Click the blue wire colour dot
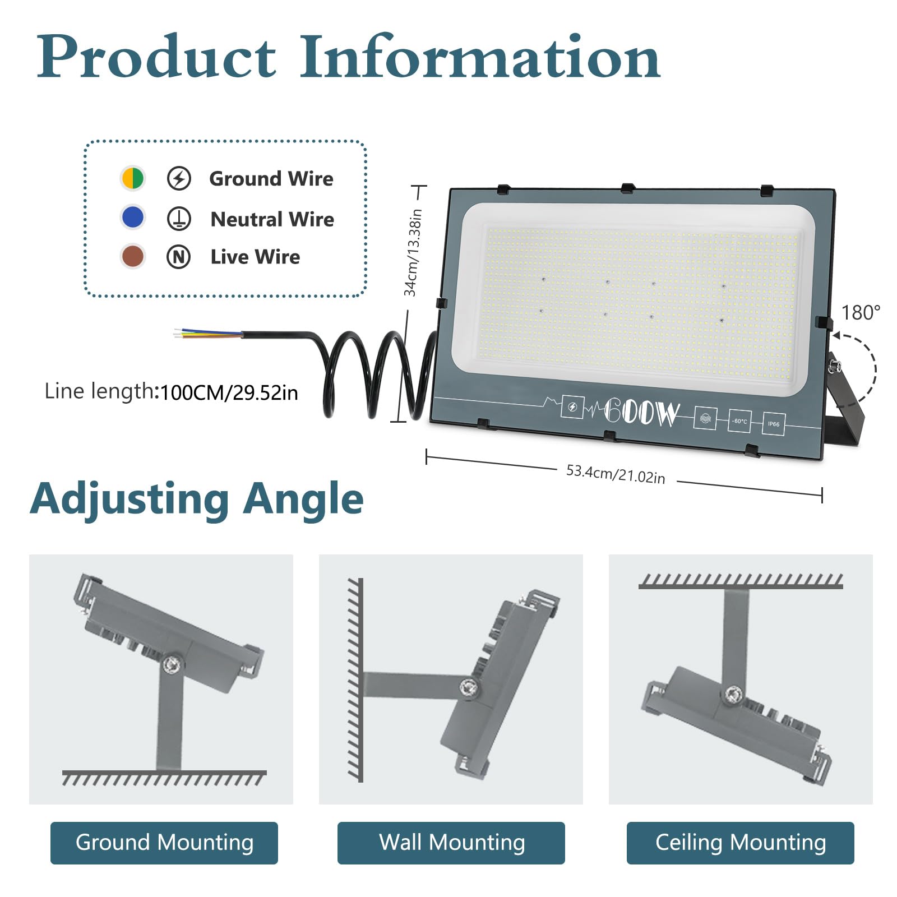click(132, 217)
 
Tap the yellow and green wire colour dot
click(132, 178)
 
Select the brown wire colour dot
click(132, 256)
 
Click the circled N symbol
click(179, 257)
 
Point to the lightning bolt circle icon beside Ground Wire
click(179, 178)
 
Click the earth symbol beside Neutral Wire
click(179, 218)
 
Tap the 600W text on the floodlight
click(641, 413)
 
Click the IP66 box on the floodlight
click(773, 424)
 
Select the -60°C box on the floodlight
click(739, 421)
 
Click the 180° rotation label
click(861, 313)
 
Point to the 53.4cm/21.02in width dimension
click(616, 474)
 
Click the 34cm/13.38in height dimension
click(413, 253)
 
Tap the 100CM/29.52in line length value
click(229, 393)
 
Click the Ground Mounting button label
click(164, 843)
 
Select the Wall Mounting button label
click(452, 842)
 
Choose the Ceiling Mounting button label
click(741, 843)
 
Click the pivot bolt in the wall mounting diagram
click(469, 687)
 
